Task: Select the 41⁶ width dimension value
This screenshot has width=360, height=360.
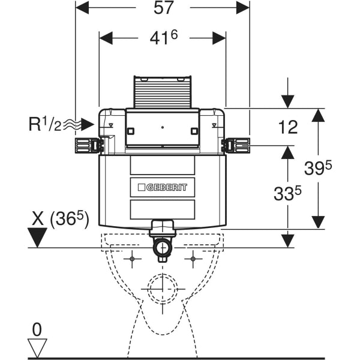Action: tap(163, 39)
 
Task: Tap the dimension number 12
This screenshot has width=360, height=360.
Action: tap(288, 127)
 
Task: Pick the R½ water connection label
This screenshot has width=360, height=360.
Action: tap(43, 125)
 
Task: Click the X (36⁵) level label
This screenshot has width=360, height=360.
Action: tap(59, 220)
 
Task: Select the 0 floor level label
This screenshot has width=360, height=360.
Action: tap(38, 329)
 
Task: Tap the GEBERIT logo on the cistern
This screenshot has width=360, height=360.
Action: tap(163, 187)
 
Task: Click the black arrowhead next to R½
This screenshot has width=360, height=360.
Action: tap(88, 125)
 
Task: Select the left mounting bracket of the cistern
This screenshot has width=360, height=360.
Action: tap(88, 145)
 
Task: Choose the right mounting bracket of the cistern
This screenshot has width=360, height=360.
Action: tap(236, 145)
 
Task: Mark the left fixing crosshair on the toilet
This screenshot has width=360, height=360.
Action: tap(131, 259)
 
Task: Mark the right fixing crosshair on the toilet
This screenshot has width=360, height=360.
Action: tap(193, 259)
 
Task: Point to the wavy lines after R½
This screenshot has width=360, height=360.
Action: tap(71, 125)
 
